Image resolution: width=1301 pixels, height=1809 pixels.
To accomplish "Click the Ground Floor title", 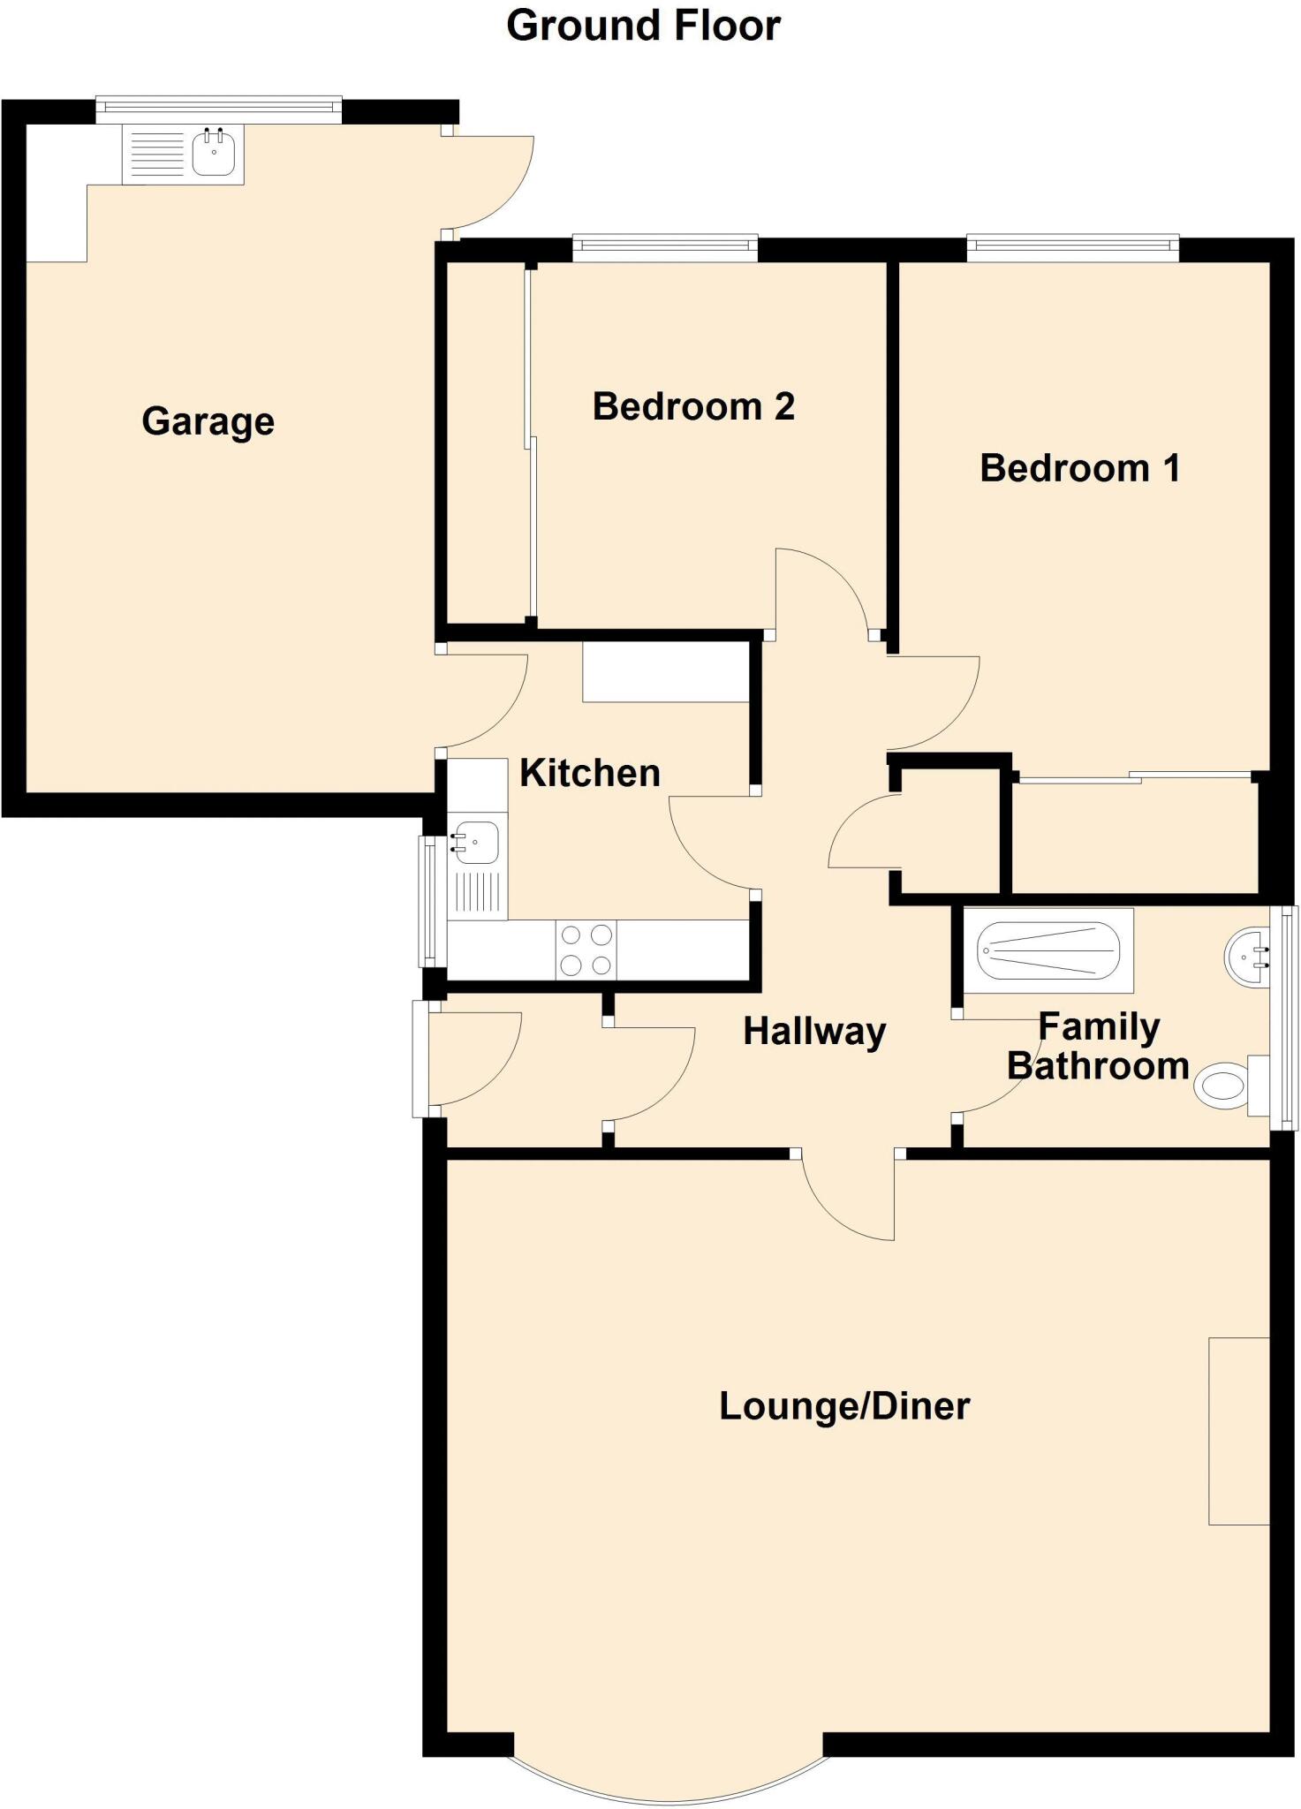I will (x=643, y=26).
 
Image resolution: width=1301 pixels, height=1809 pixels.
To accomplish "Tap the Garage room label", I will (x=208, y=421).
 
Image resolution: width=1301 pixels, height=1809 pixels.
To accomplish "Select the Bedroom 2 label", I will (x=693, y=406).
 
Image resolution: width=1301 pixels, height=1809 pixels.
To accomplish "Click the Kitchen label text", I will (x=589, y=773).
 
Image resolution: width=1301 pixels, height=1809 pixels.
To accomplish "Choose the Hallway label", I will (x=814, y=1031).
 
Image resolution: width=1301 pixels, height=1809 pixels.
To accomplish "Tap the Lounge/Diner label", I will (x=844, y=1405).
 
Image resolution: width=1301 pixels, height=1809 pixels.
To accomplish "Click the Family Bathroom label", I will (x=1098, y=1047).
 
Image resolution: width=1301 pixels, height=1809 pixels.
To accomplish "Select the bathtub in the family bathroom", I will (x=1048, y=950).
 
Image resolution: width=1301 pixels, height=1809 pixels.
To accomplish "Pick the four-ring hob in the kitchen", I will (x=586, y=950).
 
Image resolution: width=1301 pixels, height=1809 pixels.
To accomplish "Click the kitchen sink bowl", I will (x=477, y=842).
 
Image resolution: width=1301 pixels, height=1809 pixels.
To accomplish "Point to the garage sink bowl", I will (x=214, y=153).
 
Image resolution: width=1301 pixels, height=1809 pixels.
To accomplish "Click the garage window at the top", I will (x=218, y=107).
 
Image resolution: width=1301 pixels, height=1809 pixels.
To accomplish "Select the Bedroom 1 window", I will (x=1072, y=247).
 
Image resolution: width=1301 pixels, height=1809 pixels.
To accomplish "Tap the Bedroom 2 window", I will (x=664, y=247).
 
